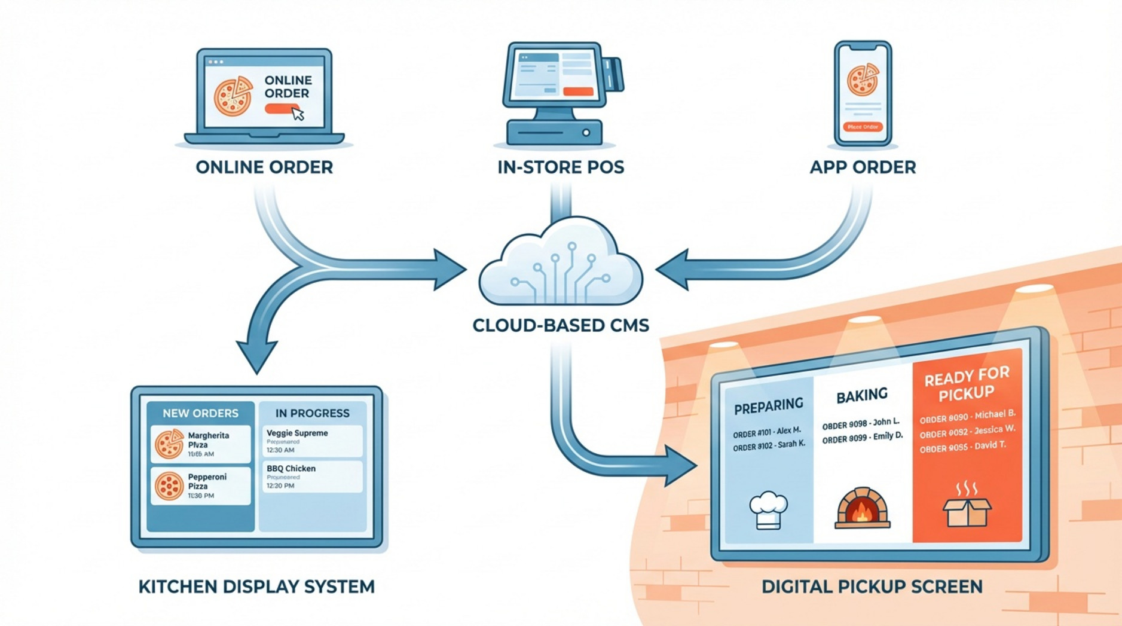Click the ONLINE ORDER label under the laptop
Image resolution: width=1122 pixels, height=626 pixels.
(x=264, y=167)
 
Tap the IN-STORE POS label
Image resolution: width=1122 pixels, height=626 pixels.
(x=560, y=167)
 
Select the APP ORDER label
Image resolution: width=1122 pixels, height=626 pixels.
(x=862, y=167)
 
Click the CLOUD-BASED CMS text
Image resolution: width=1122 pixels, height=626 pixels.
(x=560, y=325)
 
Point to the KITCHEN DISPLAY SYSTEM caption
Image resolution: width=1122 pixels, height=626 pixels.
(x=256, y=587)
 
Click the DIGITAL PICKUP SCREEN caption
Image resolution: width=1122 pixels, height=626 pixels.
(x=872, y=587)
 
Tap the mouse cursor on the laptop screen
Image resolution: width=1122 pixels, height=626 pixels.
(x=298, y=114)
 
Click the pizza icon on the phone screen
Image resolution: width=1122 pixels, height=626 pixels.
(x=863, y=81)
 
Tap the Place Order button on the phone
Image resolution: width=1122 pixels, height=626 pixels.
(x=863, y=127)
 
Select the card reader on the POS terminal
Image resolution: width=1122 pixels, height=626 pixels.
(x=613, y=75)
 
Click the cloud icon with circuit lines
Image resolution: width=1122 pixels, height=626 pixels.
(x=560, y=263)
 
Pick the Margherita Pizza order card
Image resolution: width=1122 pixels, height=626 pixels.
(x=200, y=444)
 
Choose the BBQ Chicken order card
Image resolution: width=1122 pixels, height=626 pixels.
(x=312, y=477)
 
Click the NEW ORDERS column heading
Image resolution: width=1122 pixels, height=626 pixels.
(x=200, y=413)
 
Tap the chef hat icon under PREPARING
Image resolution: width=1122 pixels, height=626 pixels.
(x=768, y=510)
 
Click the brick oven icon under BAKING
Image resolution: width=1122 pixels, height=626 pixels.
(x=861, y=508)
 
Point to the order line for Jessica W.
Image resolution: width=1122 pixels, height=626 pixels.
(x=967, y=431)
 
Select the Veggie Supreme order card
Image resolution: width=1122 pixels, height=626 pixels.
(x=312, y=441)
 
